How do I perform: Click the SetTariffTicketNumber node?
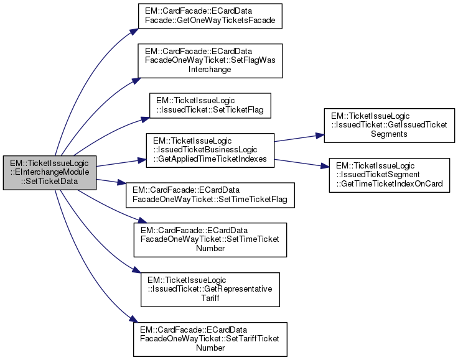[210, 338]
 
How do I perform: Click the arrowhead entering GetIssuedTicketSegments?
[320, 134]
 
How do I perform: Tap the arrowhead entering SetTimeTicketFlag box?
[123, 184]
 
